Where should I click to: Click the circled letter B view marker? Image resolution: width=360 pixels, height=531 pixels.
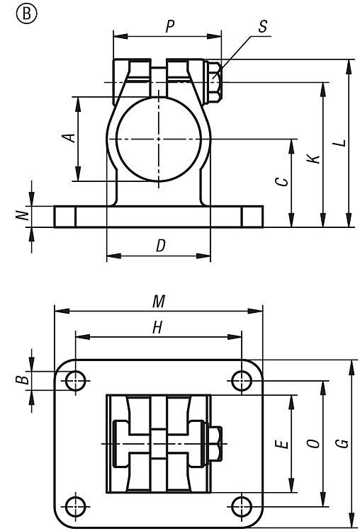(x=26, y=15)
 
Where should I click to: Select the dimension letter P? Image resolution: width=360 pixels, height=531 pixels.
(x=171, y=26)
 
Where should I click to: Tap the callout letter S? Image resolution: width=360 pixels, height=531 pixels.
(x=263, y=26)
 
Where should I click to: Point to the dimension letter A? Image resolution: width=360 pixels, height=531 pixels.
(x=69, y=138)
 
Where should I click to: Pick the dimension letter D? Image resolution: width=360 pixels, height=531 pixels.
(x=161, y=246)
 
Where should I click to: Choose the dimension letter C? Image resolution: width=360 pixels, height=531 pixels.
(x=282, y=182)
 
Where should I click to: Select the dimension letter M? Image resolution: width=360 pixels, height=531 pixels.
(x=159, y=301)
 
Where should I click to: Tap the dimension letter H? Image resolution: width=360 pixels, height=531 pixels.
(x=157, y=328)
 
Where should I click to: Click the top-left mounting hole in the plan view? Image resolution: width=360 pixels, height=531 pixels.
(x=76, y=381)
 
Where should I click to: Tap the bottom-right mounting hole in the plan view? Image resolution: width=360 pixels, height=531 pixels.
(x=242, y=507)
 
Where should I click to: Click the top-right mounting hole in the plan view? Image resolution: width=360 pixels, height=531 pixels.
(x=242, y=381)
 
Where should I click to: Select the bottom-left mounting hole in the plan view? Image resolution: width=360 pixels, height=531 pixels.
(x=76, y=507)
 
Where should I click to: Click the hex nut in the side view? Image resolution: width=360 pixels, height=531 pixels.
(x=214, y=83)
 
